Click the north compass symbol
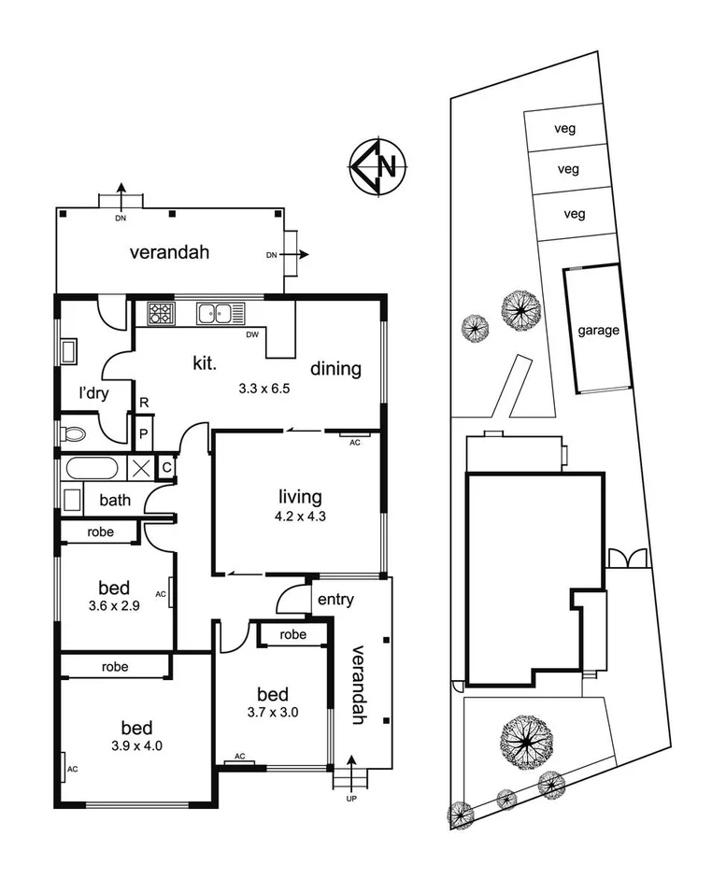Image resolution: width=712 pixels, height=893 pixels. (376, 167)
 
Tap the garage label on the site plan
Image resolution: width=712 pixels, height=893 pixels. (597, 331)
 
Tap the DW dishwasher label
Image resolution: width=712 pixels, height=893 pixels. (251, 334)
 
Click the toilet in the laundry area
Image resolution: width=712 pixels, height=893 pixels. (73, 433)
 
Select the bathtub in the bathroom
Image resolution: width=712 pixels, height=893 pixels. (90, 469)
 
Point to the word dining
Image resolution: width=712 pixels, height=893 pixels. (335, 369)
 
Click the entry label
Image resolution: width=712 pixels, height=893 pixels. (335, 600)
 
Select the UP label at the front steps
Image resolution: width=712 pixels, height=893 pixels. (351, 799)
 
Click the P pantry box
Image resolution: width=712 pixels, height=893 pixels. (143, 433)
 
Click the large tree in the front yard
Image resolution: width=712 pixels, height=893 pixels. (523, 740)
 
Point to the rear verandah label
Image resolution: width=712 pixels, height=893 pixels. (168, 252)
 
